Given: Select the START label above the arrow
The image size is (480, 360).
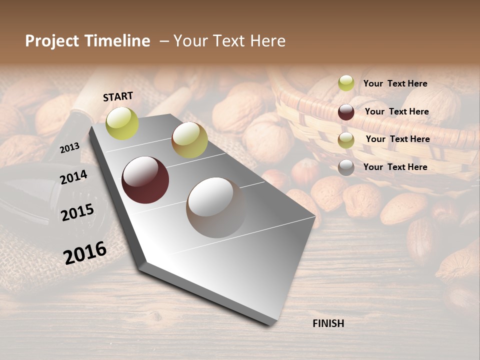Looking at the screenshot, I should [x=118, y=96].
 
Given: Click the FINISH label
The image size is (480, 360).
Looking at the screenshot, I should [x=328, y=323].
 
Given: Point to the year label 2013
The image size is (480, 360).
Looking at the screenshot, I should [x=69, y=148].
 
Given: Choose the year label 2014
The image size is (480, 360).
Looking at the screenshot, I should [x=73, y=177].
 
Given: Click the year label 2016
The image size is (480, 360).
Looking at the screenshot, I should [x=85, y=253].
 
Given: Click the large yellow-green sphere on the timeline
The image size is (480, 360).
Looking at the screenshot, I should [x=122, y=123].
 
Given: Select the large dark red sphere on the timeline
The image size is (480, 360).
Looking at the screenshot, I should [x=145, y=180].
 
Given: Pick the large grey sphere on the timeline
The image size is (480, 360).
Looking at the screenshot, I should [x=216, y=207].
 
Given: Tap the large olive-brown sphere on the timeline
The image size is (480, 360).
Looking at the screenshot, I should [x=189, y=140].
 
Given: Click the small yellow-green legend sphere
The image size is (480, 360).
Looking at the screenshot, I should [x=346, y=83].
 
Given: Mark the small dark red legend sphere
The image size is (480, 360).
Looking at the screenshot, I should [x=346, y=112].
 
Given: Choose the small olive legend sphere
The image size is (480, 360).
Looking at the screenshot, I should [x=346, y=140].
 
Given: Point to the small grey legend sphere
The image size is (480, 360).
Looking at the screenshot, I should [x=346, y=167].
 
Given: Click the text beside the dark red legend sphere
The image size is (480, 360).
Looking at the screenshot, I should [x=397, y=111].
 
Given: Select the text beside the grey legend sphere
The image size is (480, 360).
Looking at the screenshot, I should [x=395, y=167].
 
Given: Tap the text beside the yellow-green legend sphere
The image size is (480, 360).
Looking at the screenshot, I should [x=395, y=83].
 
